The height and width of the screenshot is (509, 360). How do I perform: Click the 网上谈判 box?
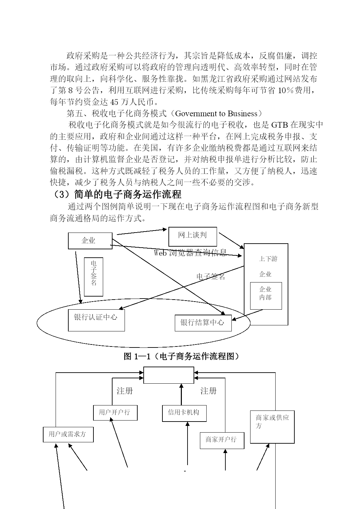[x=193, y=237]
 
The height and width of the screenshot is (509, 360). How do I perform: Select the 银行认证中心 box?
[x=96, y=320]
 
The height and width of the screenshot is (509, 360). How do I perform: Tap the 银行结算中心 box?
[x=203, y=323]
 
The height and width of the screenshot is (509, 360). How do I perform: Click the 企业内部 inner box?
[x=266, y=296]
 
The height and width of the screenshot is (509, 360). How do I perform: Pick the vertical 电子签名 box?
[x=93, y=277]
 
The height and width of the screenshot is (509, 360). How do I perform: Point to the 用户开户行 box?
[x=115, y=412]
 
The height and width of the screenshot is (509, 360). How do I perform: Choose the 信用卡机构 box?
[x=184, y=413]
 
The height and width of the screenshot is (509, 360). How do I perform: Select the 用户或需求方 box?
[x=68, y=435]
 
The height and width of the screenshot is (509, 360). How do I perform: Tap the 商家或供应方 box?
[x=272, y=427]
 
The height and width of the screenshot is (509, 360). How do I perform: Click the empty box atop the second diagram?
[x=168, y=375]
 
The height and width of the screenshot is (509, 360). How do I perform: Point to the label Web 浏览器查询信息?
[x=190, y=253]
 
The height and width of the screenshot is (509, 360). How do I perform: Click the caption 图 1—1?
[x=137, y=356]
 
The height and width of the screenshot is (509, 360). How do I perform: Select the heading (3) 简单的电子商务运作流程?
[x=116, y=194]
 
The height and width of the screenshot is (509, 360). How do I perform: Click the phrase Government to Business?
[x=216, y=113]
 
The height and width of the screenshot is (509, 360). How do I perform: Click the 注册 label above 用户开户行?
[x=125, y=391]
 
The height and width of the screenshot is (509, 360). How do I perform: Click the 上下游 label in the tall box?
[x=268, y=259]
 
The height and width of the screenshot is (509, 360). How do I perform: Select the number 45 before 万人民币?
[x=114, y=102]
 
